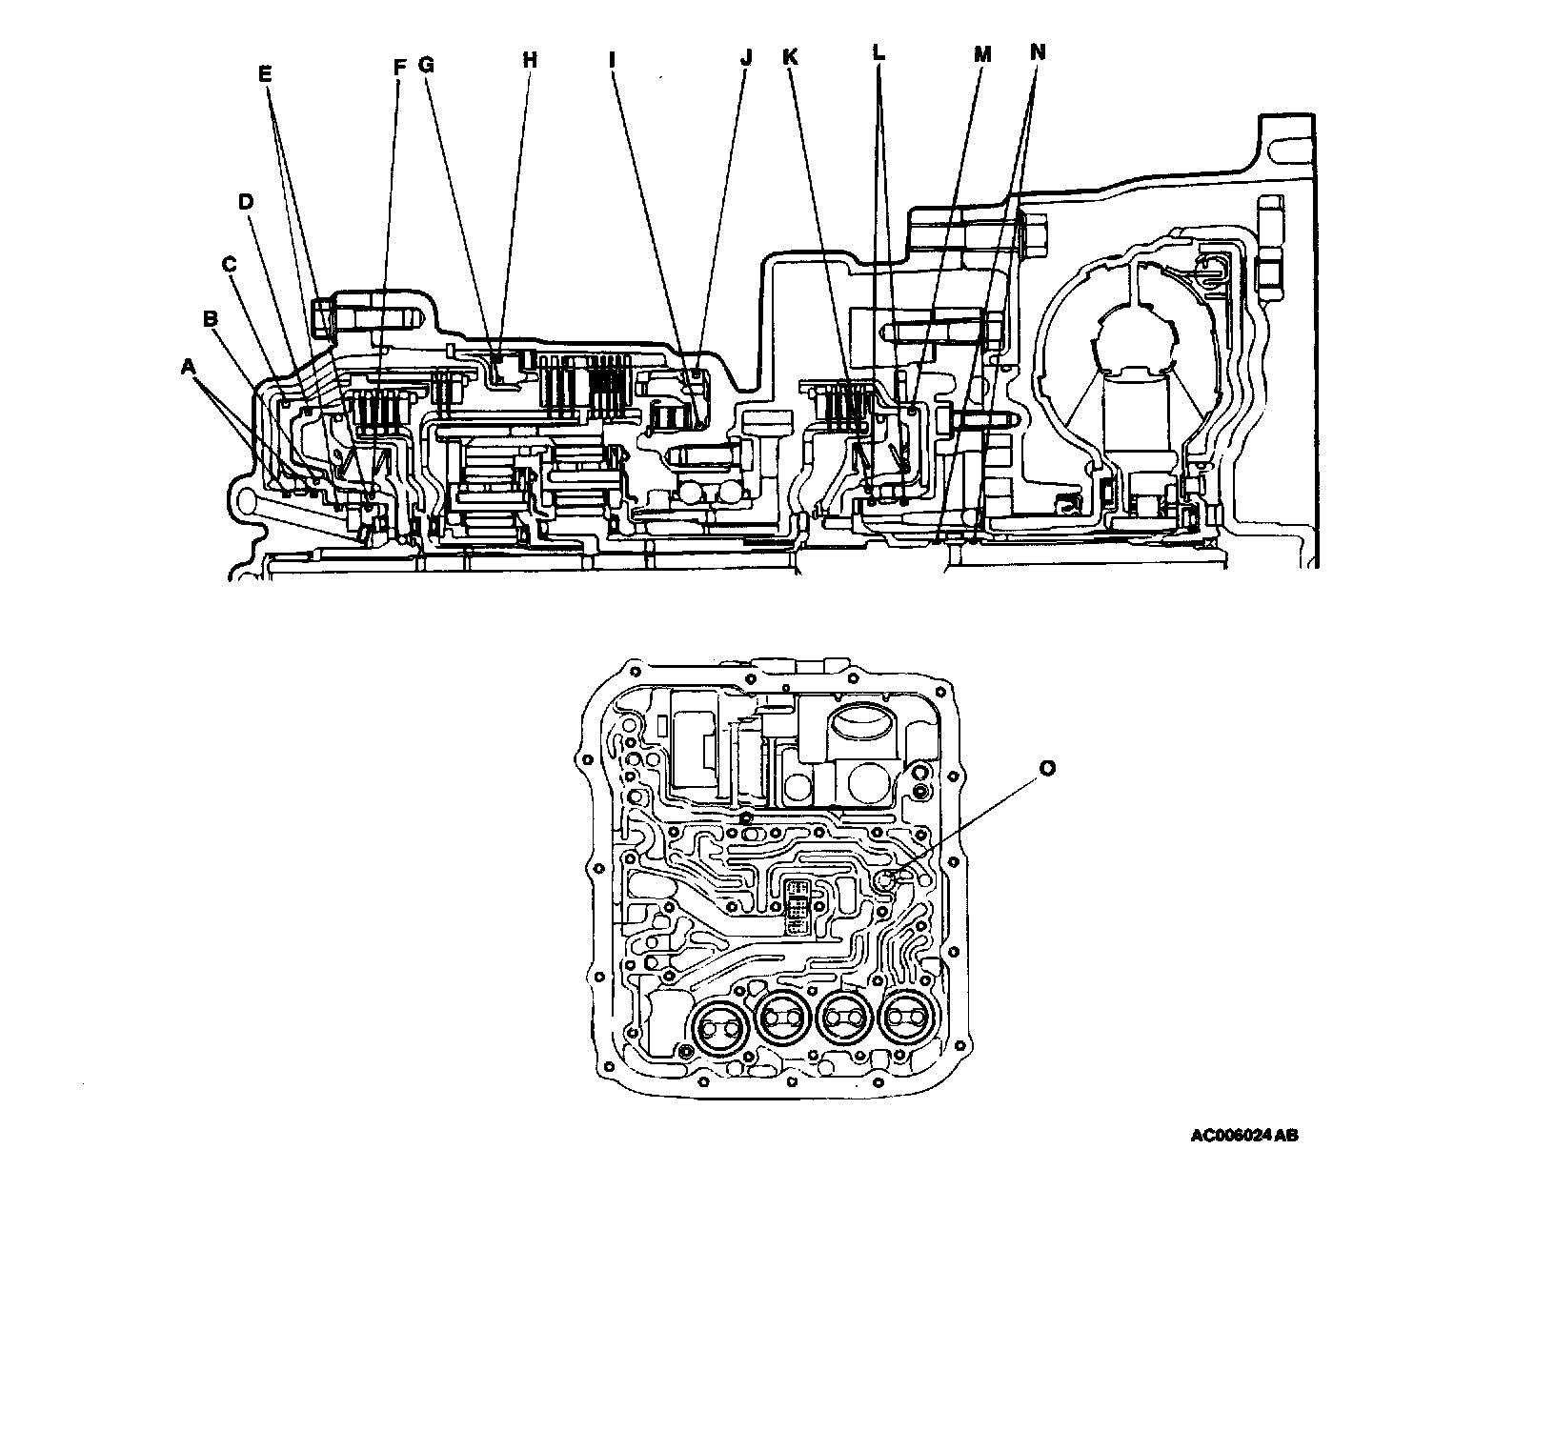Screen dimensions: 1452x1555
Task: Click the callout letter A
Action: [188, 367]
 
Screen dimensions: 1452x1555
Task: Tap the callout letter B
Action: [212, 318]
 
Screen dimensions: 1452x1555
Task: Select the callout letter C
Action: [229, 263]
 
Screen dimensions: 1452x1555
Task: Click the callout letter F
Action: [399, 66]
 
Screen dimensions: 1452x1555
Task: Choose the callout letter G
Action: [426, 65]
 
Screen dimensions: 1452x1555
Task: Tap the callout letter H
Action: [530, 60]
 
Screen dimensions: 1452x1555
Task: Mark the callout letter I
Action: [614, 59]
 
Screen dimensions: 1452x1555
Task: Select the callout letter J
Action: [746, 59]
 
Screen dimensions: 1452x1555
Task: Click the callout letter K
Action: [789, 57]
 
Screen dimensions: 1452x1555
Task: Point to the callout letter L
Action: [878, 53]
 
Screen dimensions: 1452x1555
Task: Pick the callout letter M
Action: [981, 55]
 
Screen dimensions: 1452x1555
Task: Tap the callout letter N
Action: [1038, 52]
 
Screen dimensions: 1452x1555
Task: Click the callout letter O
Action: [1047, 769]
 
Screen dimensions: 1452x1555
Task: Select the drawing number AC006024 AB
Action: [1243, 1136]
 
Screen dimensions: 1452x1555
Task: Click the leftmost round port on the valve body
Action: [720, 1029]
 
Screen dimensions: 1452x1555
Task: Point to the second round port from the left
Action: [782, 1025]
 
